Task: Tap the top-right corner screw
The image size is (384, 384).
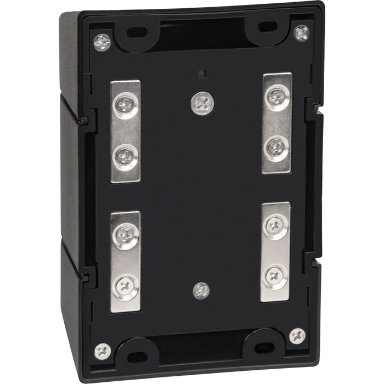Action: click(x=301, y=33)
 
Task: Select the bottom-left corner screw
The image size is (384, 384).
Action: click(x=102, y=350)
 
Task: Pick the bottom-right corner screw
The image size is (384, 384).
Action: click(x=297, y=335)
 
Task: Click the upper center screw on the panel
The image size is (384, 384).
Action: click(x=202, y=103)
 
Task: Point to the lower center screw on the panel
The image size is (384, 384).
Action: click(x=201, y=290)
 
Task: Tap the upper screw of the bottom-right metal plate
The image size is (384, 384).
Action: click(x=275, y=225)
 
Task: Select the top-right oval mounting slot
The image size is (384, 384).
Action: click(x=267, y=26)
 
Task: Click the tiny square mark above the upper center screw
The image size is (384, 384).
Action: click(x=201, y=72)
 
